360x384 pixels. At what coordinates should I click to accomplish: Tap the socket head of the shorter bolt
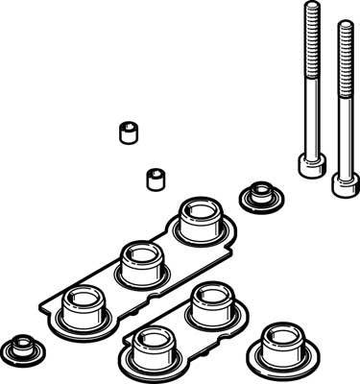pyautogui.click(x=342, y=182)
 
